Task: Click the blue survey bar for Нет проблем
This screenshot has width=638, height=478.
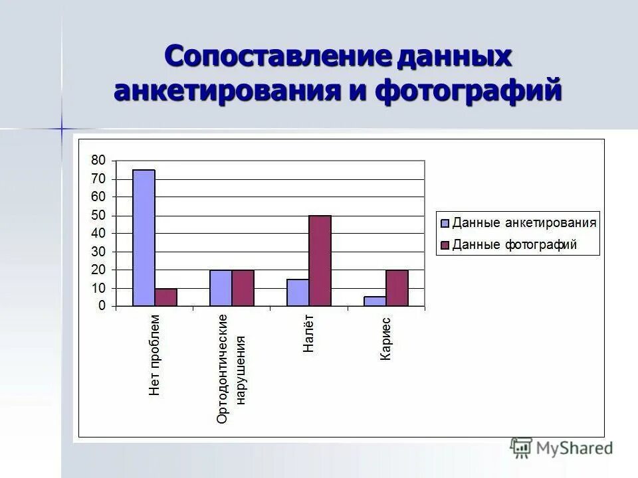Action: pos(144,238)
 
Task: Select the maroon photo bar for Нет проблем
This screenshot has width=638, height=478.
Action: pos(165,297)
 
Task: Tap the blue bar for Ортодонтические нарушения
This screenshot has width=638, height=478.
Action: pos(221,288)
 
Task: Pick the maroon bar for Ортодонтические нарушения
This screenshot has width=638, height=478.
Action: pos(243,288)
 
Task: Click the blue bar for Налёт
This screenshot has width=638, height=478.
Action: pos(298,293)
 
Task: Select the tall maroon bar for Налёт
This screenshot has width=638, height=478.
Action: pos(320,261)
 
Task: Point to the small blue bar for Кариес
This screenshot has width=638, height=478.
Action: pos(375,301)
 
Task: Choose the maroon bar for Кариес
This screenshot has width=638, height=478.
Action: pos(397,288)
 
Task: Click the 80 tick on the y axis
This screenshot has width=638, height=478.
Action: pos(98,160)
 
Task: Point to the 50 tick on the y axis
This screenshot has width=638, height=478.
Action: pos(98,215)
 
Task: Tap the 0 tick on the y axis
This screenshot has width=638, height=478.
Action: pos(102,306)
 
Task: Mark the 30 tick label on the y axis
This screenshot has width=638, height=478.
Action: pos(98,252)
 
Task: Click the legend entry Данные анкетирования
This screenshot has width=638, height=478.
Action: pos(524,223)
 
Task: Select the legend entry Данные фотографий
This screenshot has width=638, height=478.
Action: pos(514,245)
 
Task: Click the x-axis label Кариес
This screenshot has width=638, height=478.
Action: pos(385,339)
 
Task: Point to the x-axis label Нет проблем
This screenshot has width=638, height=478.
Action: pos(155,355)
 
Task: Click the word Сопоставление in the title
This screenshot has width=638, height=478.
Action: pos(277,57)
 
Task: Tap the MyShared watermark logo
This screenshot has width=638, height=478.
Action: pos(562,447)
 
